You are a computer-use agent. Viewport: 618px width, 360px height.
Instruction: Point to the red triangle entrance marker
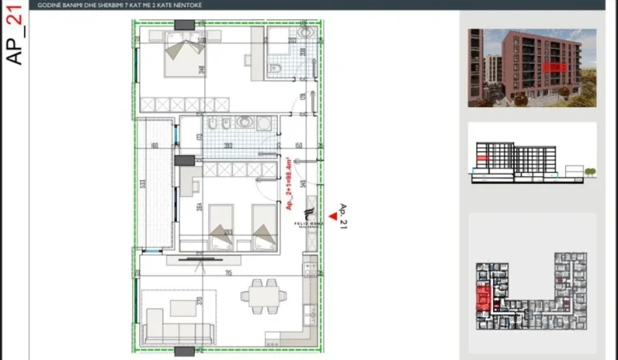[x=323, y=226]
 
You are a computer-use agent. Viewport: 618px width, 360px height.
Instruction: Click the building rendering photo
[x=532, y=67]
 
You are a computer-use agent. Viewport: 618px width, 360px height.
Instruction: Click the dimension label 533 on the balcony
[x=143, y=183]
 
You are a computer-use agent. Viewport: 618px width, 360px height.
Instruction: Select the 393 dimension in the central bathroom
[x=228, y=146]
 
